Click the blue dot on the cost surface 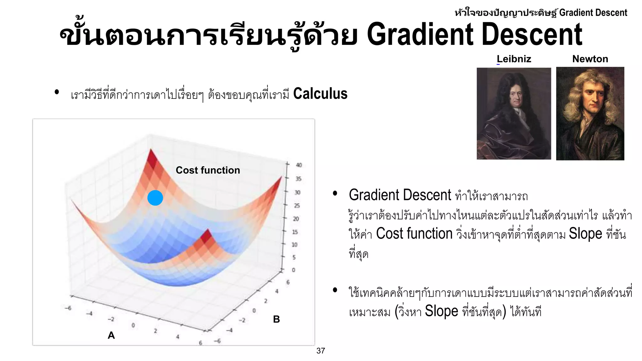[155, 198]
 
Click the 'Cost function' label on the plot [208, 170]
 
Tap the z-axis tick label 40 [299, 165]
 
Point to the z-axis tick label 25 [297, 206]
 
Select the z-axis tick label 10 [294, 244]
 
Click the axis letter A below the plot [111, 335]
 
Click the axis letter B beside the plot [276, 319]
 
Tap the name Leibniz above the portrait [514, 59]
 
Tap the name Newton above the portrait [590, 59]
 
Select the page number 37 [321, 351]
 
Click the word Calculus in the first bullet [320, 94]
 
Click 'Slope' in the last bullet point [441, 311]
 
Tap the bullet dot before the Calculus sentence [57, 92]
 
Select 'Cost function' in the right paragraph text [414, 234]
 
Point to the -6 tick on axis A [68, 308]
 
